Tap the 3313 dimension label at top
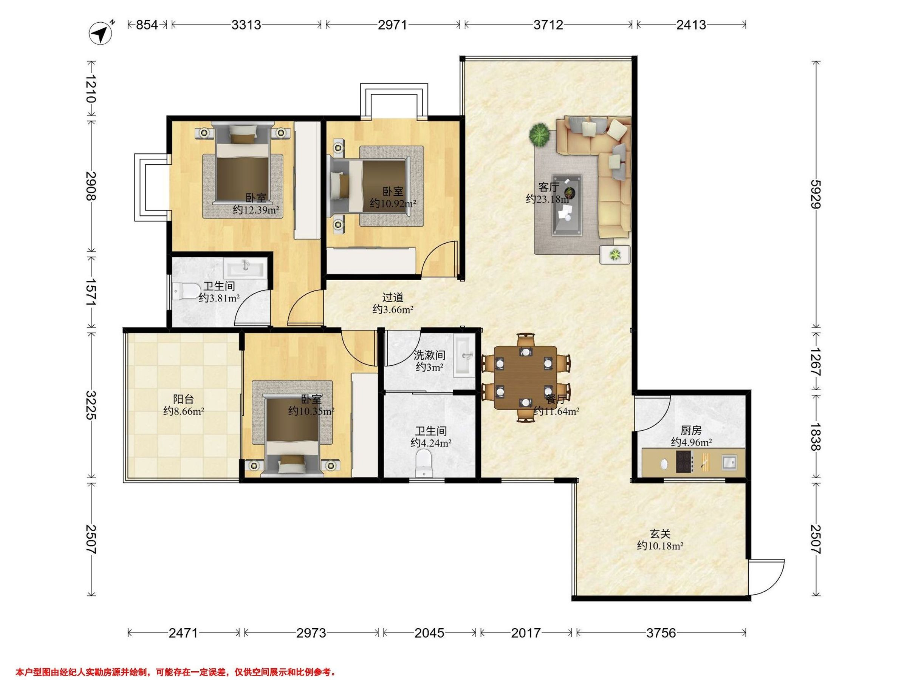point(246,25)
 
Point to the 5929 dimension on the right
point(816,194)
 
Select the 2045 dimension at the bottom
point(429,633)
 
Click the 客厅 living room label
point(549,187)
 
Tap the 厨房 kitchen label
point(691,430)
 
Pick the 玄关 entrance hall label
point(660,534)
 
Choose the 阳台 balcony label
point(183,399)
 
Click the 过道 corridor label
point(393,297)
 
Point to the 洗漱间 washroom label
point(429,355)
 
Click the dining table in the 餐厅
point(526,377)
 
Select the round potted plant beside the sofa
point(539,134)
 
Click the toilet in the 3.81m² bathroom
point(184,291)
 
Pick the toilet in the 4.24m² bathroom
point(424,463)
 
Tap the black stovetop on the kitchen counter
point(684,462)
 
